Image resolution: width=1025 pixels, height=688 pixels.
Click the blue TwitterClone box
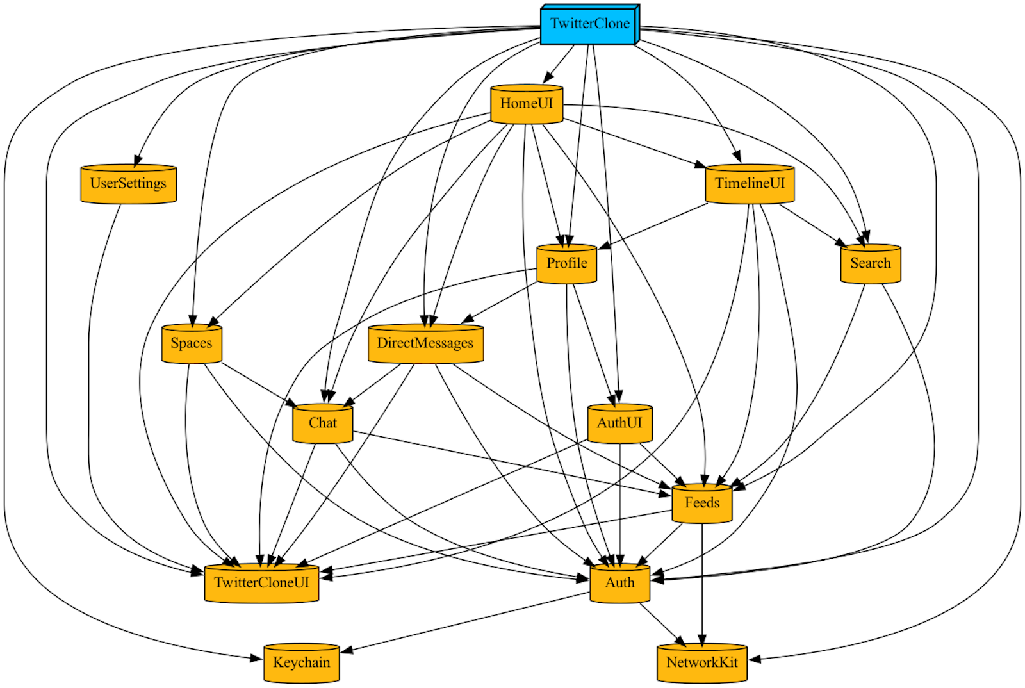(589, 24)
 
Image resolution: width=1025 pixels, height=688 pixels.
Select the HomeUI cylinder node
(527, 104)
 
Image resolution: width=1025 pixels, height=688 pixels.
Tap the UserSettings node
(128, 184)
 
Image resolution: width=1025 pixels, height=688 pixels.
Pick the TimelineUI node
(750, 184)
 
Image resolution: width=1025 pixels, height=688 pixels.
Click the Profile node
(566, 263)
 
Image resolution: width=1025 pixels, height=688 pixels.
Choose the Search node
(870, 263)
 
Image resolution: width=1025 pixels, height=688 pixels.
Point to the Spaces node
(191, 343)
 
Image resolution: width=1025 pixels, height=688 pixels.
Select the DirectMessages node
(425, 343)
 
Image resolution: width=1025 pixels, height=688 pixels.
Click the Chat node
(322, 423)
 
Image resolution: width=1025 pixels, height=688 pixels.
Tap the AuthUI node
(619, 423)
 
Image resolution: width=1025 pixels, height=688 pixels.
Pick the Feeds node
(701, 503)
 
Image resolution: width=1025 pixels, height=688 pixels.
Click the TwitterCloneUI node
(261, 583)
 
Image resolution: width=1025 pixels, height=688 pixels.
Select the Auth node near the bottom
(619, 583)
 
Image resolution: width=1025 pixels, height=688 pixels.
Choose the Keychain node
(301, 663)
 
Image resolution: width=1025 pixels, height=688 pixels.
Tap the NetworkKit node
(701, 663)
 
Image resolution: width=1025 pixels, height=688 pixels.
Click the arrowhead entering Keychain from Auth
(347, 651)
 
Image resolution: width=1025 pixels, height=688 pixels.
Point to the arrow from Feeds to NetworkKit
(702, 583)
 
